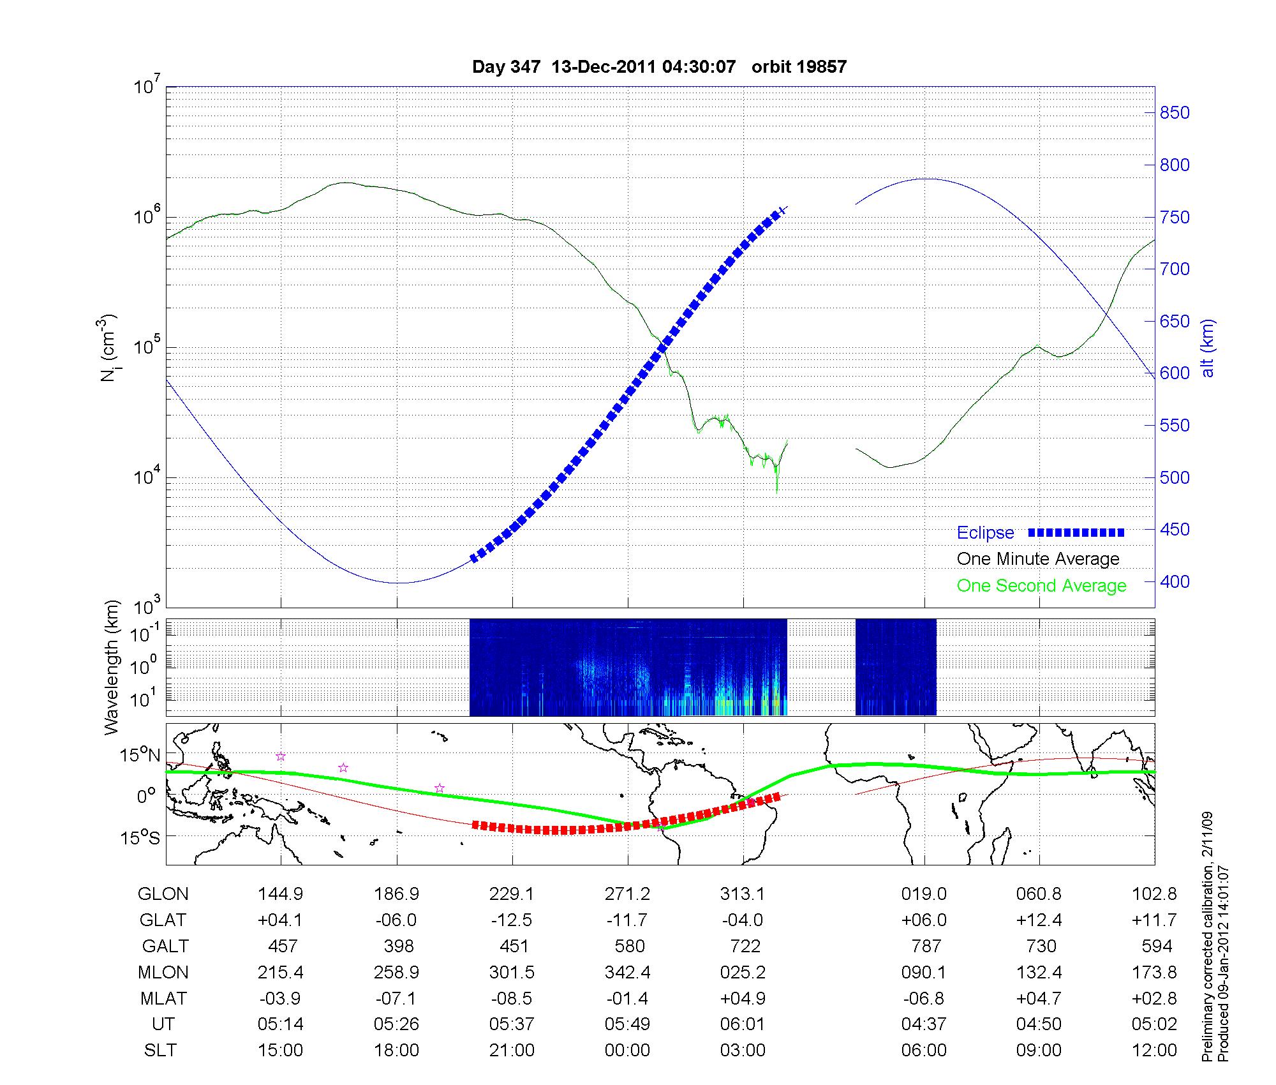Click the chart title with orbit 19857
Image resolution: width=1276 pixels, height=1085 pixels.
pyautogui.click(x=659, y=67)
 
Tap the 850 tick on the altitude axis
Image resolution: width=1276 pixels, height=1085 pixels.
pyautogui.click(x=1175, y=113)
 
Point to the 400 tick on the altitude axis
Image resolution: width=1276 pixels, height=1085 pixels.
pyautogui.click(x=1175, y=582)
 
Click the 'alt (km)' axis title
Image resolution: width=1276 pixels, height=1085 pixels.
pyautogui.click(x=1207, y=348)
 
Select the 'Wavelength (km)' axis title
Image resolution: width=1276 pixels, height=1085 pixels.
pyautogui.click(x=112, y=668)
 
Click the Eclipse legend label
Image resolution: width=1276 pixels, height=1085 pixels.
pyautogui.click(x=985, y=533)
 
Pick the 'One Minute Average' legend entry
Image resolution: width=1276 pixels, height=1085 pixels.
pyautogui.click(x=1038, y=559)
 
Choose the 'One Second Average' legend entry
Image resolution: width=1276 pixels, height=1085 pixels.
pyautogui.click(x=1041, y=586)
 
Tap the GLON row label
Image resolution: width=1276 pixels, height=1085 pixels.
pyautogui.click(x=163, y=894)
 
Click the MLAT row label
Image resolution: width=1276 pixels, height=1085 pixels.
pyautogui.click(x=163, y=998)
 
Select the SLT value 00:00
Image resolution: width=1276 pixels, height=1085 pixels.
pyautogui.click(x=627, y=1051)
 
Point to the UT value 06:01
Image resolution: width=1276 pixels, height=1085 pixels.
pyautogui.click(x=743, y=1024)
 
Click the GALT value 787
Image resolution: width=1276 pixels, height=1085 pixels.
pyautogui.click(x=926, y=946)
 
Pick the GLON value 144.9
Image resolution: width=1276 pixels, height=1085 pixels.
pyautogui.click(x=281, y=894)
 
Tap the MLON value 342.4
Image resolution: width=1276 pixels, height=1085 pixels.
pyautogui.click(x=627, y=972)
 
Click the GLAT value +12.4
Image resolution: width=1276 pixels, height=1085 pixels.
pyautogui.click(x=1039, y=920)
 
